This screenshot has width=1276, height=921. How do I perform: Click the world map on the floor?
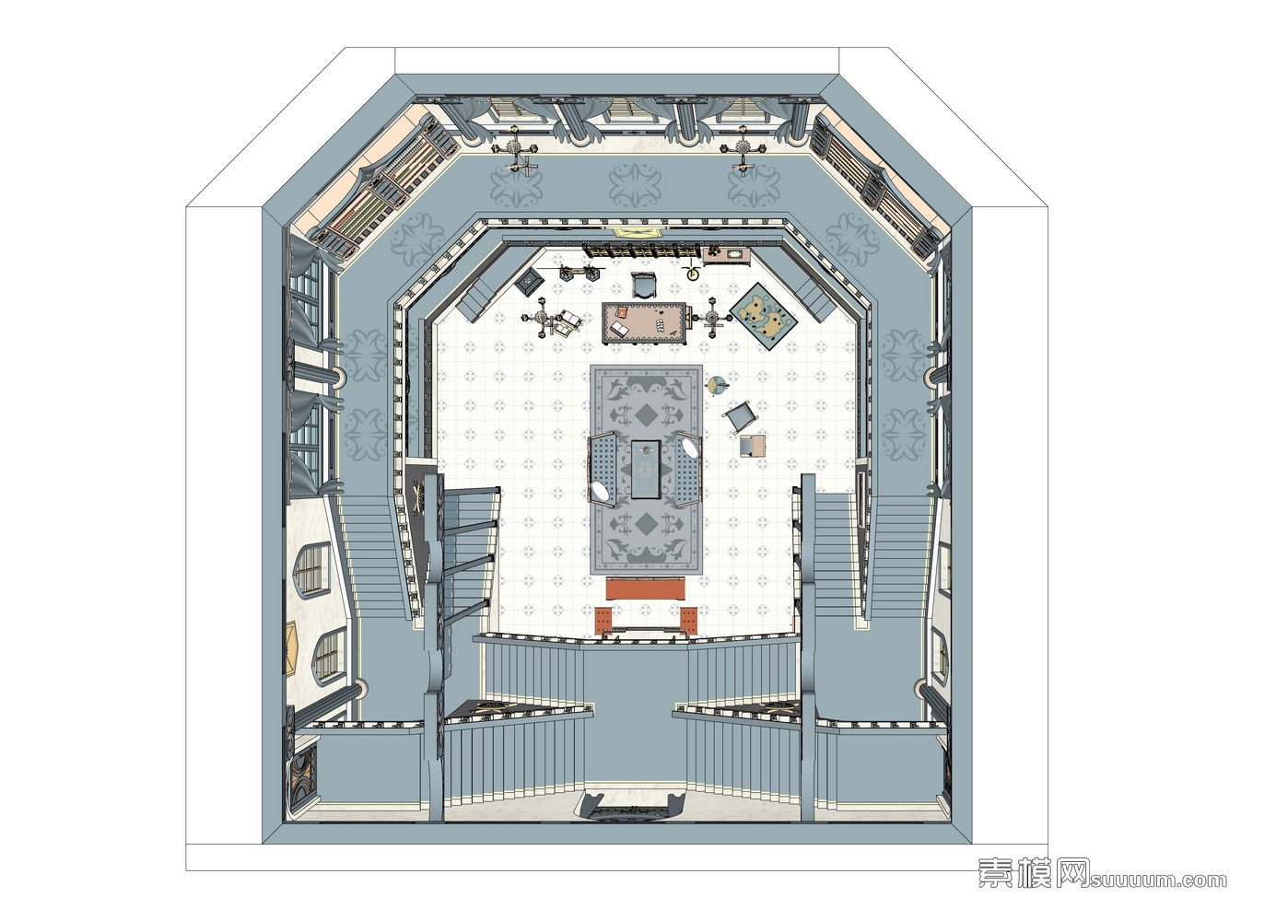point(761,316)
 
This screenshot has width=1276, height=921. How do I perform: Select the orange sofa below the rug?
point(646,589)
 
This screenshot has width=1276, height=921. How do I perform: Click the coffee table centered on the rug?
point(646,469)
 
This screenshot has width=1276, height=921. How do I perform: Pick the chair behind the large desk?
point(644,285)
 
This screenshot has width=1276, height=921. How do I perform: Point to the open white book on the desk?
point(620,329)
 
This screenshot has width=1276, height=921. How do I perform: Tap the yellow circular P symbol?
point(692,274)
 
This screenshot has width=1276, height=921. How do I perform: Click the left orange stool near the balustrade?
point(603,620)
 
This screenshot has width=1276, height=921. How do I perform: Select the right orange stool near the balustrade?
point(688,620)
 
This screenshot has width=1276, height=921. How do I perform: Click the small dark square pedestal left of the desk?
point(529,281)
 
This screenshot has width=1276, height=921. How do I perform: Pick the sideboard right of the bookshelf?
point(728,254)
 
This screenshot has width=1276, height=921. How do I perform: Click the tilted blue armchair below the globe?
point(741,415)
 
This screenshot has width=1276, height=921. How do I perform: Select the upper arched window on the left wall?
point(311,569)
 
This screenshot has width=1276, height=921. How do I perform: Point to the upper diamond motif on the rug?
point(645,415)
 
